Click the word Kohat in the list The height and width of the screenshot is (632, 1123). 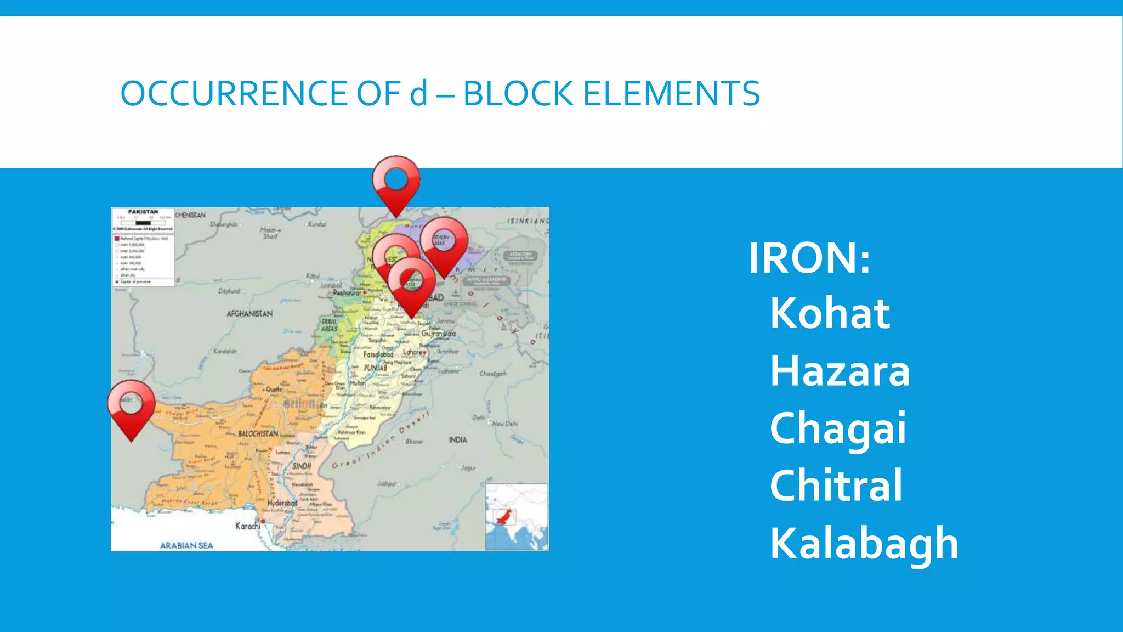(x=830, y=313)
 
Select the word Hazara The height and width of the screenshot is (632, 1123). (x=840, y=371)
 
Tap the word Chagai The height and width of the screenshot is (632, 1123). (x=837, y=429)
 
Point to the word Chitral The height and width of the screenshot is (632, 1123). (x=836, y=486)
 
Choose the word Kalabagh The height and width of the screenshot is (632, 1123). (x=864, y=543)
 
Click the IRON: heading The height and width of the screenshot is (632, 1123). (x=809, y=257)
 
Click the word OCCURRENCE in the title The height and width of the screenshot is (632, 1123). (x=233, y=93)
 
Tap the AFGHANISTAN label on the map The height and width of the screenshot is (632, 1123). (x=249, y=314)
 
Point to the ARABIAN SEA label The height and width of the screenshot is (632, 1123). (x=186, y=545)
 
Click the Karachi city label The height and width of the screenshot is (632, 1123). (x=248, y=526)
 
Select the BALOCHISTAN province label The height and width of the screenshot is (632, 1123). (x=258, y=433)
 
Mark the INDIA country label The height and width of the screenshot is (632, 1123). (x=458, y=439)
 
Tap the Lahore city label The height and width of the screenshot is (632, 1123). (x=413, y=352)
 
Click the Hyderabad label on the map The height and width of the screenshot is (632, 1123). (x=282, y=503)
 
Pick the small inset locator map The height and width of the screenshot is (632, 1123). (x=517, y=517)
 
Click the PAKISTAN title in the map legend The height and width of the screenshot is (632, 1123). (x=143, y=212)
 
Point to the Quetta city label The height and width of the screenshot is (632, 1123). (x=274, y=389)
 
